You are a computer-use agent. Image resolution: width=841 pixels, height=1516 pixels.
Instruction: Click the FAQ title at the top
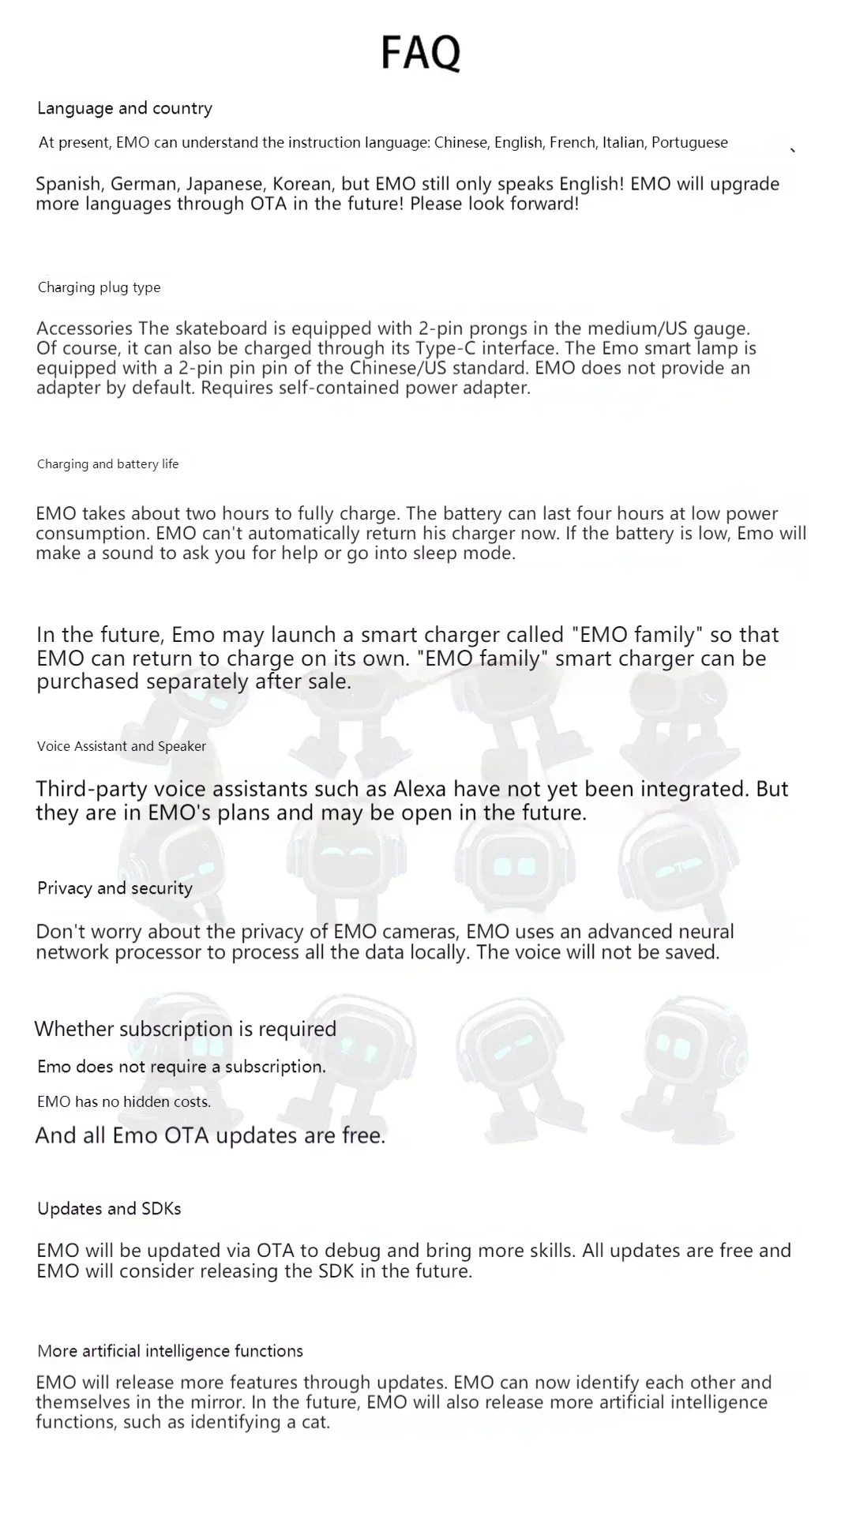(x=420, y=52)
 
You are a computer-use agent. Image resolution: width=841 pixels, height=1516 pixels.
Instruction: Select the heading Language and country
(x=125, y=108)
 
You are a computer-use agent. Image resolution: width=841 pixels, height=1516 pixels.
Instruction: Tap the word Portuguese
(x=689, y=143)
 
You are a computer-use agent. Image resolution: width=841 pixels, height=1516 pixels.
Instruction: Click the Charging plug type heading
(x=99, y=287)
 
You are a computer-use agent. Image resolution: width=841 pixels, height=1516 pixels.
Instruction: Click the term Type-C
(x=445, y=348)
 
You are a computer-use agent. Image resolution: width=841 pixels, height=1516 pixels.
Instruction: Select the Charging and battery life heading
(x=107, y=464)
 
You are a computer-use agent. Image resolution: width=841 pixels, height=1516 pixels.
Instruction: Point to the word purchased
(x=88, y=681)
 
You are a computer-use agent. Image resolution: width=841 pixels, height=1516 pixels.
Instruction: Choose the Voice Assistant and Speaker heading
(x=121, y=746)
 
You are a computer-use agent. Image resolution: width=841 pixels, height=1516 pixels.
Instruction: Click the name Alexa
(x=420, y=789)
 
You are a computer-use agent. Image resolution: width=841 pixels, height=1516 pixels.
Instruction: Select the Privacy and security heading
(x=115, y=888)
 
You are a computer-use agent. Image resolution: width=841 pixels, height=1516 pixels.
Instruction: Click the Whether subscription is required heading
(x=185, y=1029)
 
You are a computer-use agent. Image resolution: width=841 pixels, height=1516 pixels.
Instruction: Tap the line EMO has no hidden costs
(x=123, y=1101)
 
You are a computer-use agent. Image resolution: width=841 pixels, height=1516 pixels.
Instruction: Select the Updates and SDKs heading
(x=109, y=1209)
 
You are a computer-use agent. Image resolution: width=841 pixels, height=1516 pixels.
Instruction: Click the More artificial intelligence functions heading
(x=170, y=1351)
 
